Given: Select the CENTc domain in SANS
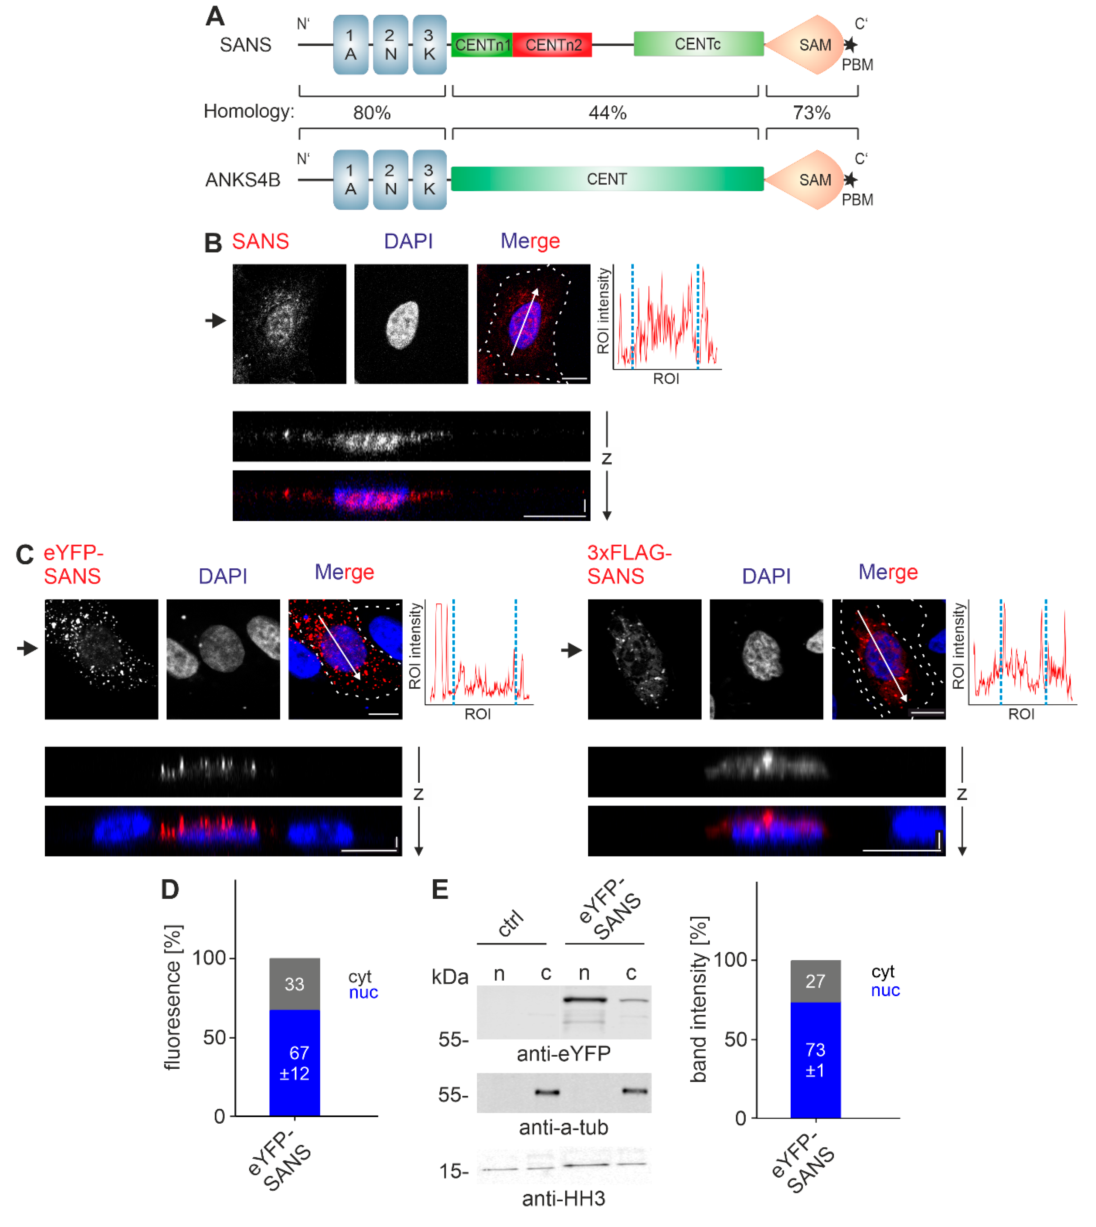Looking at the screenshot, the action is (x=698, y=44).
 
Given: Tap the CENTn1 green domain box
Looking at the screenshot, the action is (x=482, y=45).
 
